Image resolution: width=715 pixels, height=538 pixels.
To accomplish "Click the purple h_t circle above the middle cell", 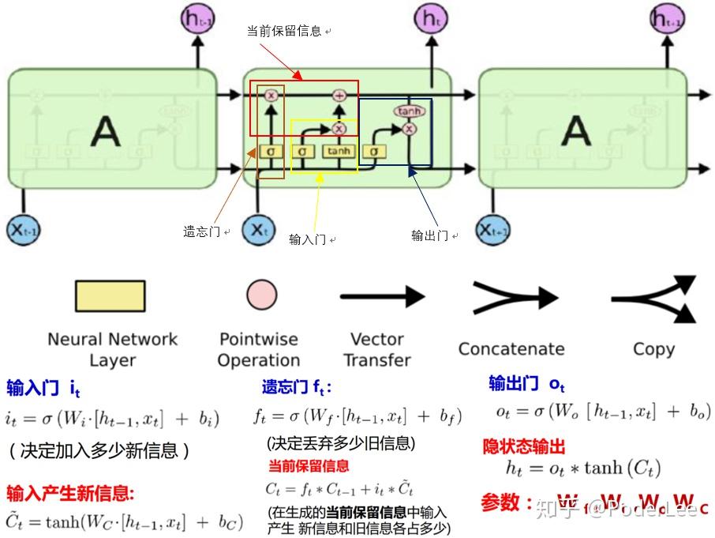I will click(430, 18).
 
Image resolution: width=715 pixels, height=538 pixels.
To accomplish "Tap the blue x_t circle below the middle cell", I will click(257, 230).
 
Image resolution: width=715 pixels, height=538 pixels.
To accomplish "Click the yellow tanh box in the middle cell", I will click(339, 151).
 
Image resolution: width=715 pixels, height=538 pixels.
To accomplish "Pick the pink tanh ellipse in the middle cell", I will click(409, 111).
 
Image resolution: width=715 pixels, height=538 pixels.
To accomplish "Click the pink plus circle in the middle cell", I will click(340, 95).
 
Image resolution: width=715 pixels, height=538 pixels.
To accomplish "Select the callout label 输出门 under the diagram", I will click(430, 235).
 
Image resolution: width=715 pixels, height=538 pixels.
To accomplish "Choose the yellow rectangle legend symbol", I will click(110, 295).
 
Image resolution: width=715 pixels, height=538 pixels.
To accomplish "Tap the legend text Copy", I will click(653, 349).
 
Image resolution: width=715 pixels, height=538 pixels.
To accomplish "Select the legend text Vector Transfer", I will click(377, 349).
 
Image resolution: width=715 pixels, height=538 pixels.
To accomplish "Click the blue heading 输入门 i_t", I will click(43, 388).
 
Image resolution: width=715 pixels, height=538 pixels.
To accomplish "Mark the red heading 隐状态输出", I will click(524, 446).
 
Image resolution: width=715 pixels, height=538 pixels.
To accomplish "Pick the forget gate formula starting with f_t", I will click(357, 416).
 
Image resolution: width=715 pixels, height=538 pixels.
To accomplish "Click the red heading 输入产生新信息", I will click(70, 494).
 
